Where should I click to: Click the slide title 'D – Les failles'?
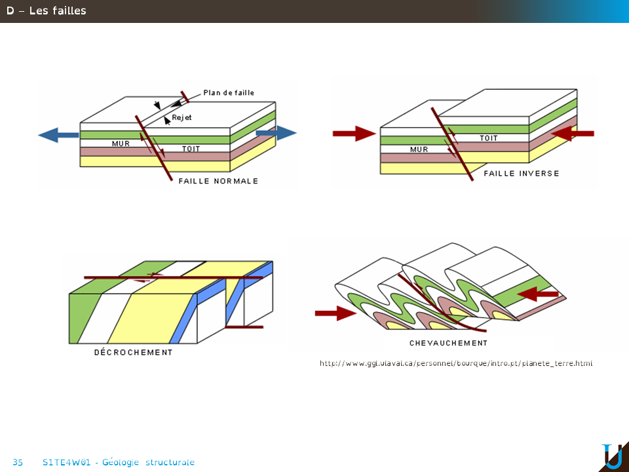point(47,10)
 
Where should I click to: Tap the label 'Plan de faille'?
point(229,93)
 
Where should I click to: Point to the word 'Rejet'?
point(181,118)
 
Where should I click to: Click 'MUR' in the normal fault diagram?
point(121,144)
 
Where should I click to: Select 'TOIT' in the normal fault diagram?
point(191,149)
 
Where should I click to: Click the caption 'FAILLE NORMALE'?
point(218,181)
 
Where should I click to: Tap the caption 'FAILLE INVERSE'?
point(522,174)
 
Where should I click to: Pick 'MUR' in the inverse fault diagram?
point(419,149)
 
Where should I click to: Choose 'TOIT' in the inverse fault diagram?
point(489,138)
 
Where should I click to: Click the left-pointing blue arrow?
point(58,135)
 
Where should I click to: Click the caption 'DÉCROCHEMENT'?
point(134,353)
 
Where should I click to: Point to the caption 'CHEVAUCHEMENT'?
point(448,343)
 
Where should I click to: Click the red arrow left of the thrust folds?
point(335,313)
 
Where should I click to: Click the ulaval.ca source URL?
point(456,363)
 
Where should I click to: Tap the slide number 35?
point(18,463)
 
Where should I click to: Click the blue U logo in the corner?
point(613,456)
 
